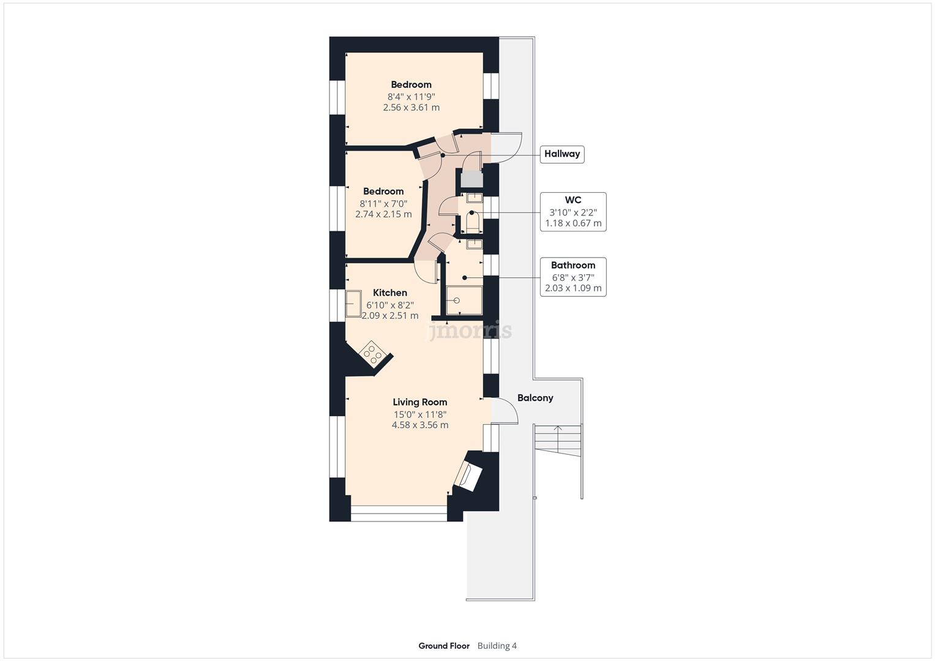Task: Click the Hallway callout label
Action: coord(561,154)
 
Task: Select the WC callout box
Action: coord(573,212)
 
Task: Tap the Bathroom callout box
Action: coord(573,277)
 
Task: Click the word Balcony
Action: coord(535,398)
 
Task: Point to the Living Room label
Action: coord(419,402)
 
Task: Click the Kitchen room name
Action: coord(389,293)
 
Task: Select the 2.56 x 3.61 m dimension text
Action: coord(411,108)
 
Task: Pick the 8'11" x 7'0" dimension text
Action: coord(383,203)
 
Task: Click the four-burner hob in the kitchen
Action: coord(372,354)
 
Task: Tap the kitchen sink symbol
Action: coord(353,303)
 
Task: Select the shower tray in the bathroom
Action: coord(464,301)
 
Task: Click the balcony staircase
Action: coord(558,441)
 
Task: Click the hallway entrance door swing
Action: coord(506,148)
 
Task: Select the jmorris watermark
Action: coord(469,331)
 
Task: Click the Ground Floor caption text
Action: coord(444,646)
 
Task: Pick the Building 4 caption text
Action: coord(497,646)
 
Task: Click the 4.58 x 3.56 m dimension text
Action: coord(419,425)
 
